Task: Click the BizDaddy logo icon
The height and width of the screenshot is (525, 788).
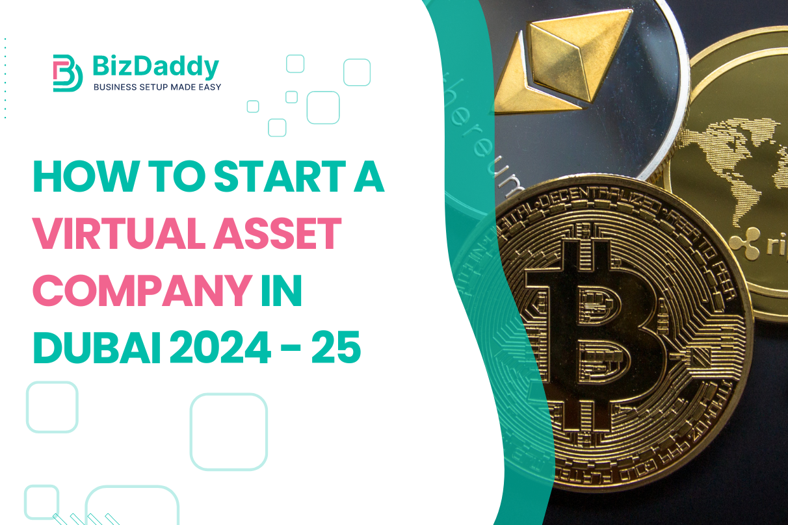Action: tap(67, 72)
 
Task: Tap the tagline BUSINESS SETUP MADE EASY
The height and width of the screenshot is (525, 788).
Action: tap(157, 87)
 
